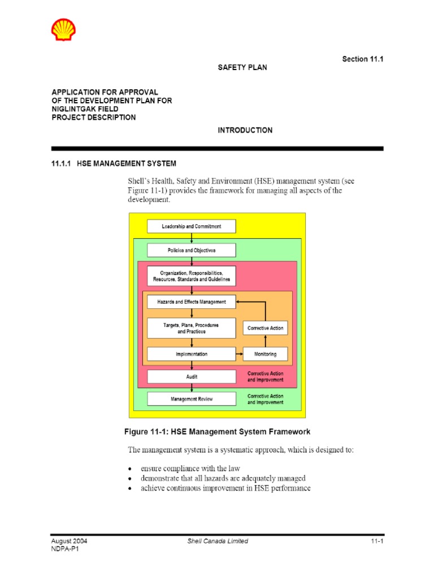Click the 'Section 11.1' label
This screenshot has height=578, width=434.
point(363,59)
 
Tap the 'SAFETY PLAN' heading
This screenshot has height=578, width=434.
point(242,67)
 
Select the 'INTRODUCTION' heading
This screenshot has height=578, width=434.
point(245,130)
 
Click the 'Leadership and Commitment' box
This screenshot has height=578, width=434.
point(192,226)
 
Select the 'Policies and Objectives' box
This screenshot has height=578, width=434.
point(192,250)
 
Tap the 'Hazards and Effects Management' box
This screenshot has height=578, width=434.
point(192,302)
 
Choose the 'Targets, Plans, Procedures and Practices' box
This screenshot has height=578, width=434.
point(192,328)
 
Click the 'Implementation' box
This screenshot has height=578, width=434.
point(192,354)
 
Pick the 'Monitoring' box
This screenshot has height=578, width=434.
point(266,354)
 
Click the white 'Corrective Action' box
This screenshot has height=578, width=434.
point(266,328)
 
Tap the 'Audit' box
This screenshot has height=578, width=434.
point(192,376)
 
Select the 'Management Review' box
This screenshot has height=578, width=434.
point(192,399)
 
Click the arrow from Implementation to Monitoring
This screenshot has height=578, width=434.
point(240,354)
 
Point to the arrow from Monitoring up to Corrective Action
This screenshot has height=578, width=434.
point(266,341)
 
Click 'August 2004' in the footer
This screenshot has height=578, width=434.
point(69,541)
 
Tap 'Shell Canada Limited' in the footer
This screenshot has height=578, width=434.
point(218,541)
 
